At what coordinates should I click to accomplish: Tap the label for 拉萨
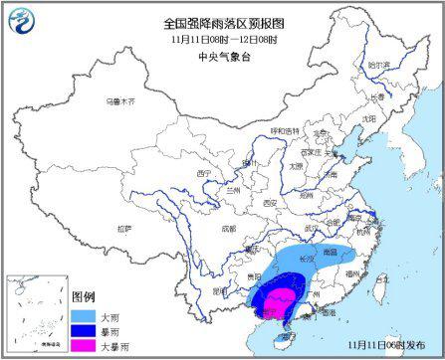pyautogui.click(x=123, y=229)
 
